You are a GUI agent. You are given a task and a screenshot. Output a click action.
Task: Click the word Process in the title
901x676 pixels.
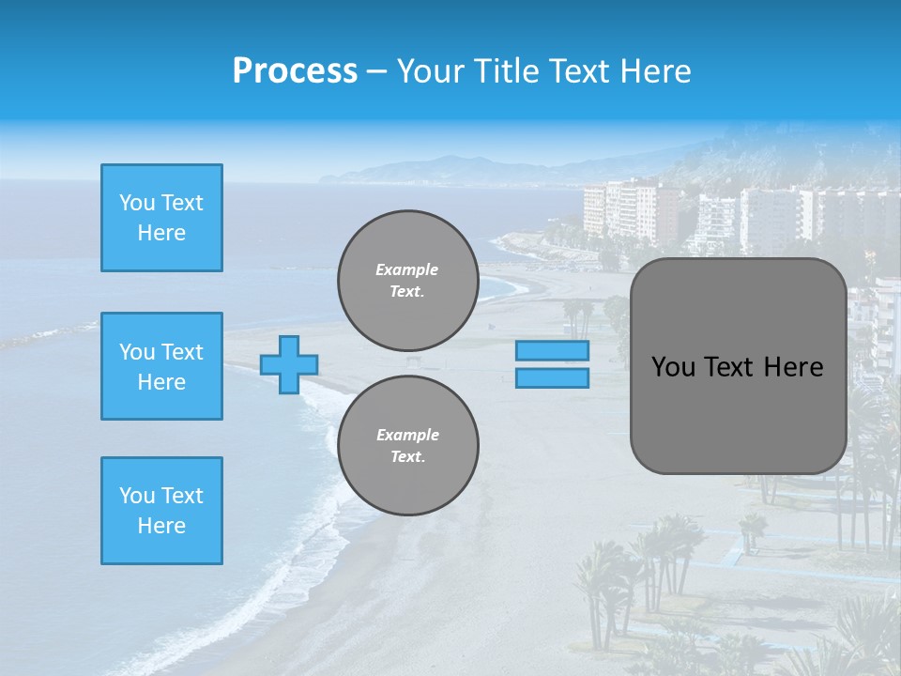295,71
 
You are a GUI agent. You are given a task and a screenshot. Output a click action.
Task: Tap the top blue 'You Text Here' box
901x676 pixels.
161,218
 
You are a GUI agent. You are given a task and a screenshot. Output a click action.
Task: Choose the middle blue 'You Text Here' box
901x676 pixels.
161,366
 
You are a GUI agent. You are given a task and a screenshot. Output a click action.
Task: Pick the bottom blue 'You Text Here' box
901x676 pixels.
161,511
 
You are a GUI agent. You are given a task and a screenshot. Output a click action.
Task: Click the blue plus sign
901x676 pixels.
289,364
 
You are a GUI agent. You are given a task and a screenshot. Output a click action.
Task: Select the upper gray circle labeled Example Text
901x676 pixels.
407,280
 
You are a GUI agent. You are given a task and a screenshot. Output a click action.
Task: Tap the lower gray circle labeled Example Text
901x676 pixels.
407,445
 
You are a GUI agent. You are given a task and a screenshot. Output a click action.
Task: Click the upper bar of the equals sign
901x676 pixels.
553,351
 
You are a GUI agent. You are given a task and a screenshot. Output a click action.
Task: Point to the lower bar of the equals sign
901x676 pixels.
553,377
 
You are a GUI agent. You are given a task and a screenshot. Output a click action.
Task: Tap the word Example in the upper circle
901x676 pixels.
407,269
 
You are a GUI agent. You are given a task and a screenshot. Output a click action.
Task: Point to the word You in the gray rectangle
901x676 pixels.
672,367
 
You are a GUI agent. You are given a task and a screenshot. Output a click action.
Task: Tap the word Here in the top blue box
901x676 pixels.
161,233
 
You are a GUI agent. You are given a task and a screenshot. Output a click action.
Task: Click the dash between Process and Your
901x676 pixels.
377,71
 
